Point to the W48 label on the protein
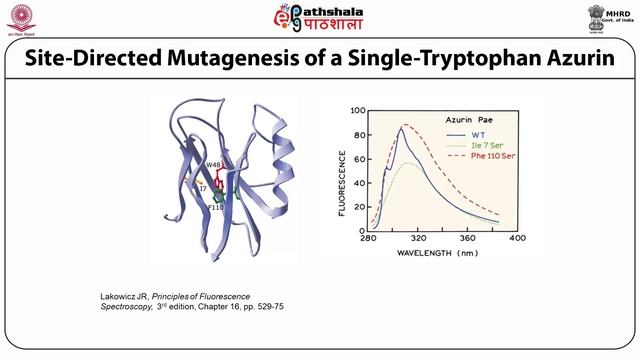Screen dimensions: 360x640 click(212, 165)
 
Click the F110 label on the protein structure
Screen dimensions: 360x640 click(215, 207)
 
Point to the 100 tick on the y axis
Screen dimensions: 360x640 click(357, 109)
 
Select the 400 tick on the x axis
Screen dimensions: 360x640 click(516, 239)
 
